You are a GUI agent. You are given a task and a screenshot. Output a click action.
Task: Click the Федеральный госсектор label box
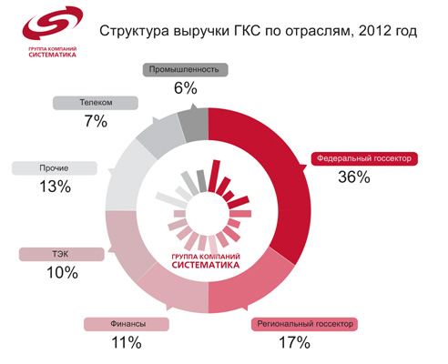[364, 157]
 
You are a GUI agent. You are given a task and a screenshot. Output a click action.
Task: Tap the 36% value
[353, 177]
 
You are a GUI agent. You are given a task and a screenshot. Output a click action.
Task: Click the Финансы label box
[127, 324]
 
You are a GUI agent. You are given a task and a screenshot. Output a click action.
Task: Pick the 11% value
[127, 343]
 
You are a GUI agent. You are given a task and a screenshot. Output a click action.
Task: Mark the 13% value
[55, 187]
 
